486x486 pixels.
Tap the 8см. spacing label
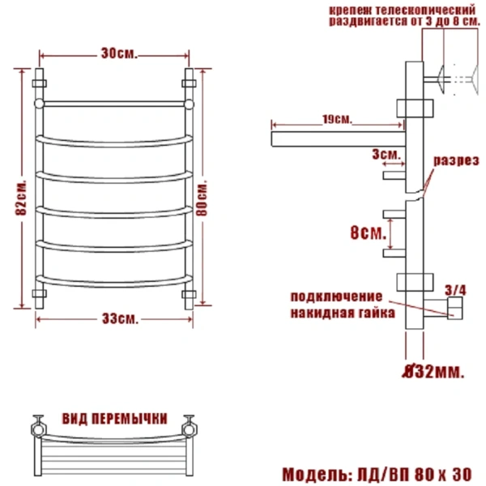(x=365, y=234)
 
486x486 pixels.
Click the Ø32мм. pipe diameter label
(x=433, y=373)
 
